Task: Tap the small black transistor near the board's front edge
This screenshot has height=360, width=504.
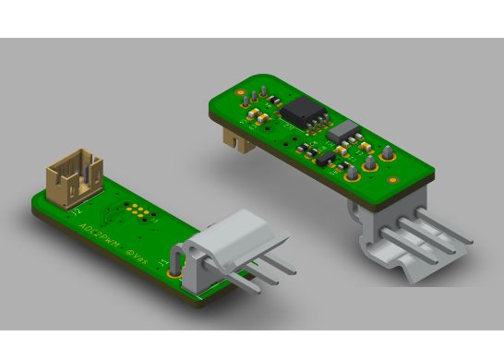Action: click(x=326, y=160)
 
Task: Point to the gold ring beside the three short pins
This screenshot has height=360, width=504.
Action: click(x=240, y=93)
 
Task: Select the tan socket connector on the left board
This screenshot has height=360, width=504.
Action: click(x=74, y=178)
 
